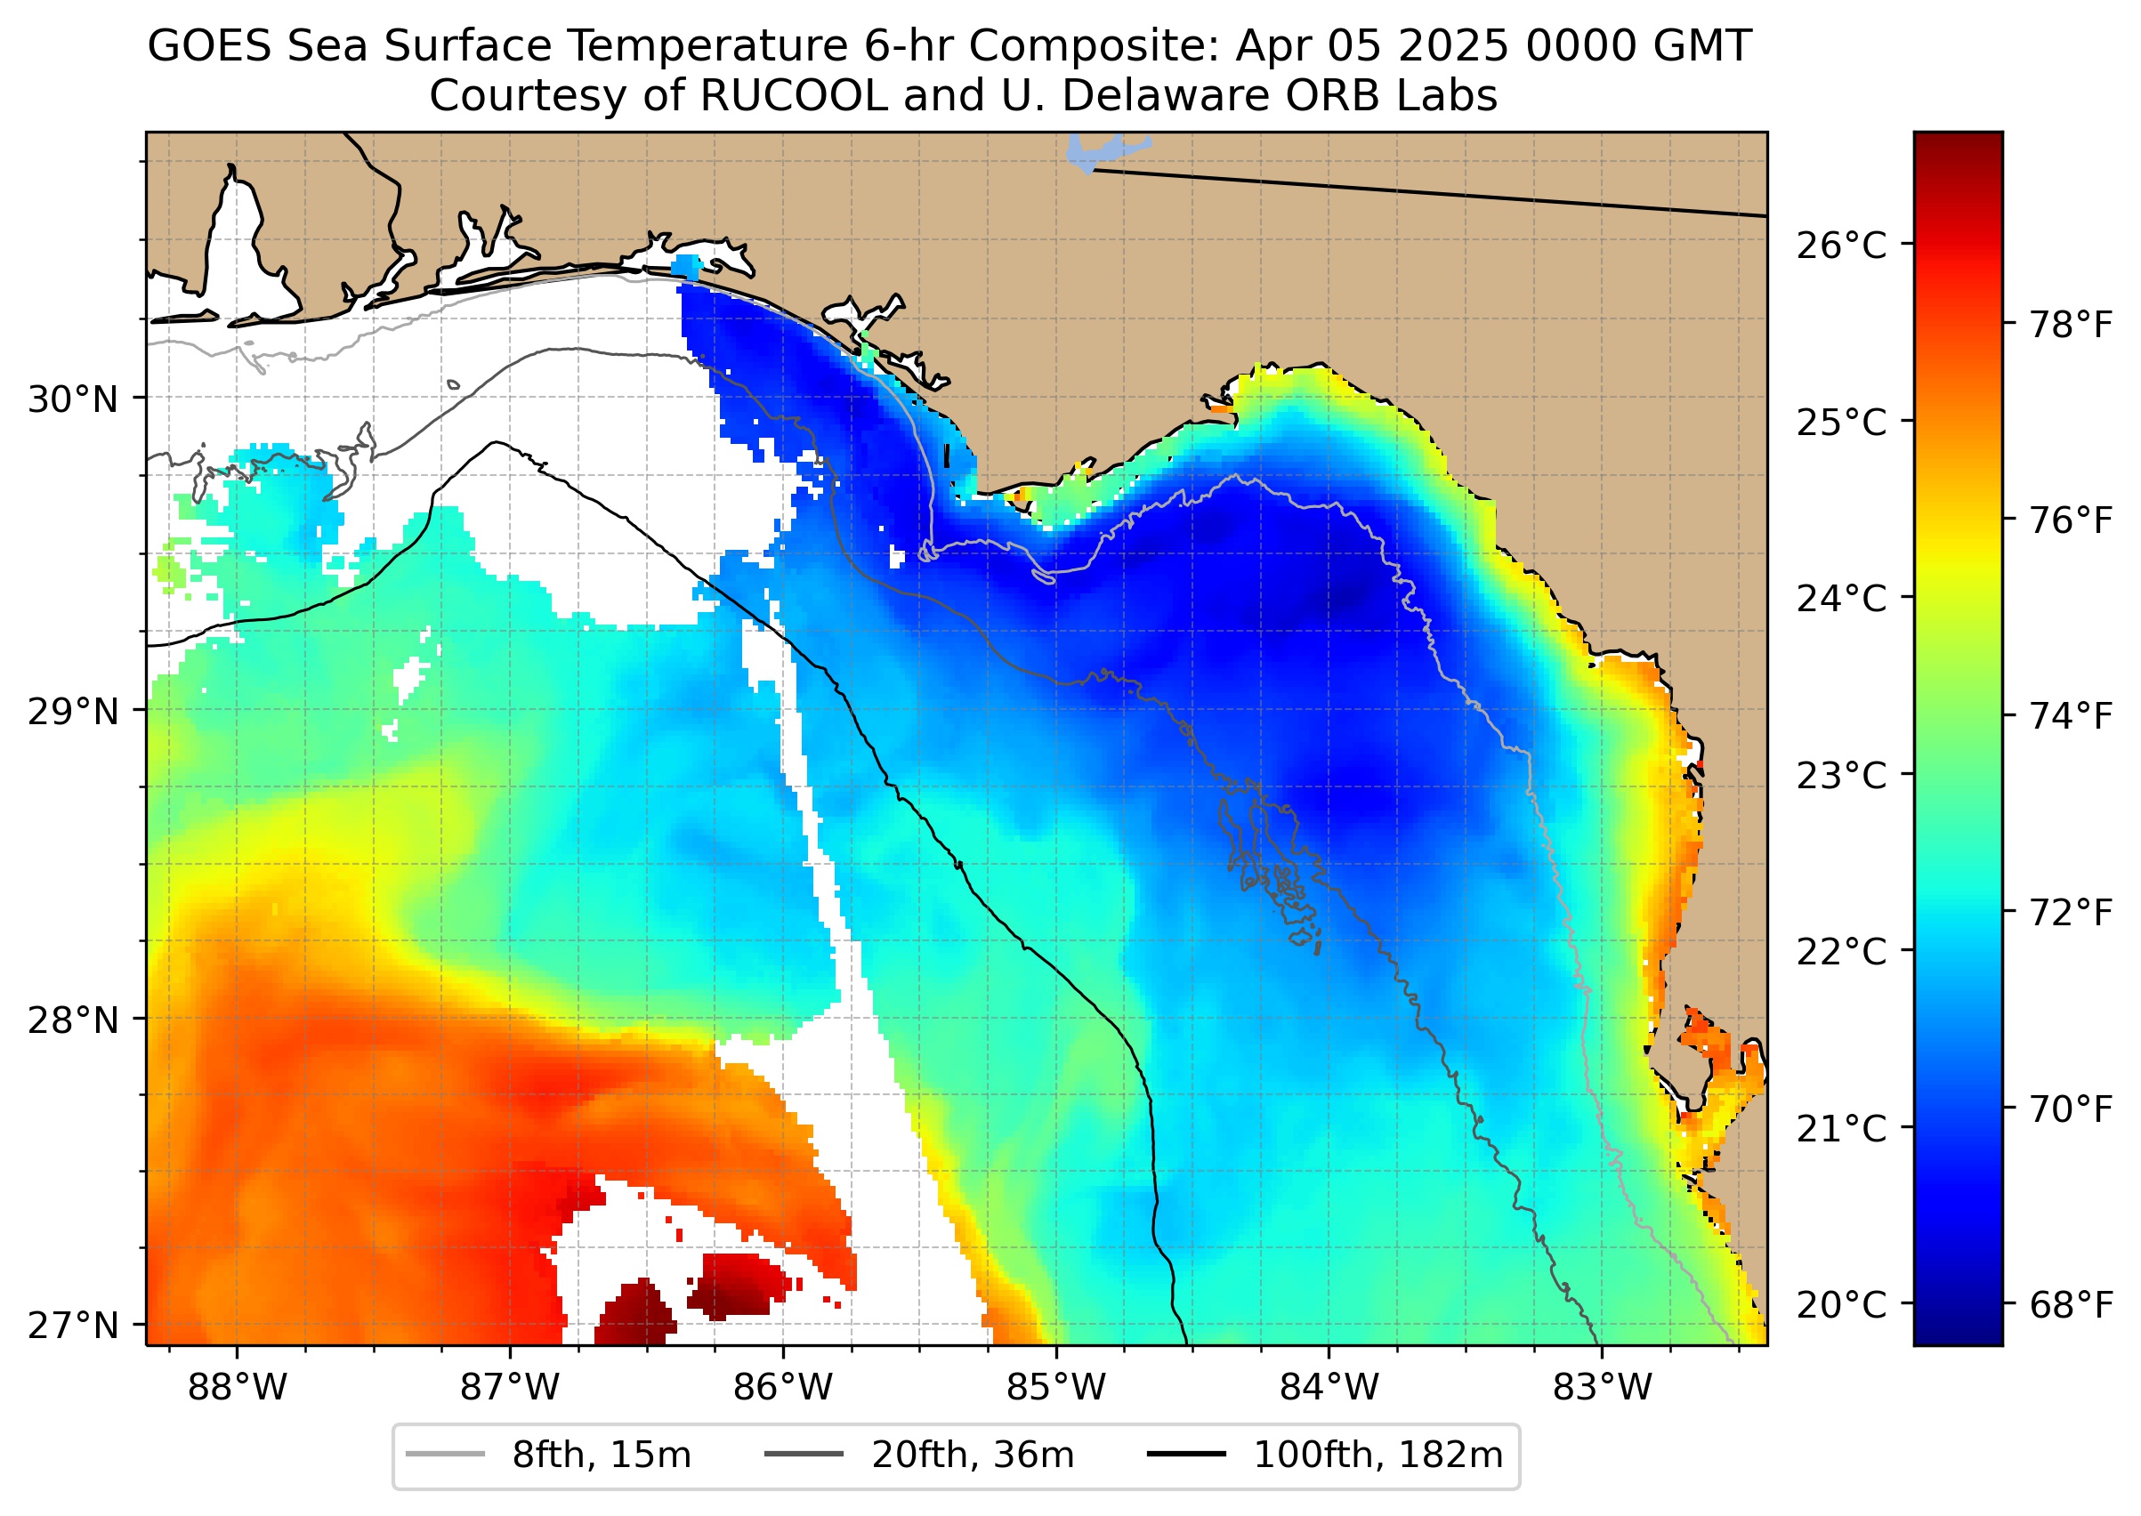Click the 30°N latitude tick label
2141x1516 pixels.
73,399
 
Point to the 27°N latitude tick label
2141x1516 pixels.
73,1325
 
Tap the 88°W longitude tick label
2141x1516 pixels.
238,1388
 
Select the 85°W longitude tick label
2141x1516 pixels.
1056,1388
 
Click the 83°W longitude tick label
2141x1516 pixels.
1603,1388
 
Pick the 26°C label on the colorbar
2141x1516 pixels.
1841,246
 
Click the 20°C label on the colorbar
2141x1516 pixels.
1841,1304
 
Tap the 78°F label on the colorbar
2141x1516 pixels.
2071,325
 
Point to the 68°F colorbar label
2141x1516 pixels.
2071,1304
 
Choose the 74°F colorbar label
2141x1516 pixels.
2071,716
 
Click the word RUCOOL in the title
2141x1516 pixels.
794,96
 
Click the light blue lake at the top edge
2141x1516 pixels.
1097,152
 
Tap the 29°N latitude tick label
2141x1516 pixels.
73,712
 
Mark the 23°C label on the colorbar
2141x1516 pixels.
1841,775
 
